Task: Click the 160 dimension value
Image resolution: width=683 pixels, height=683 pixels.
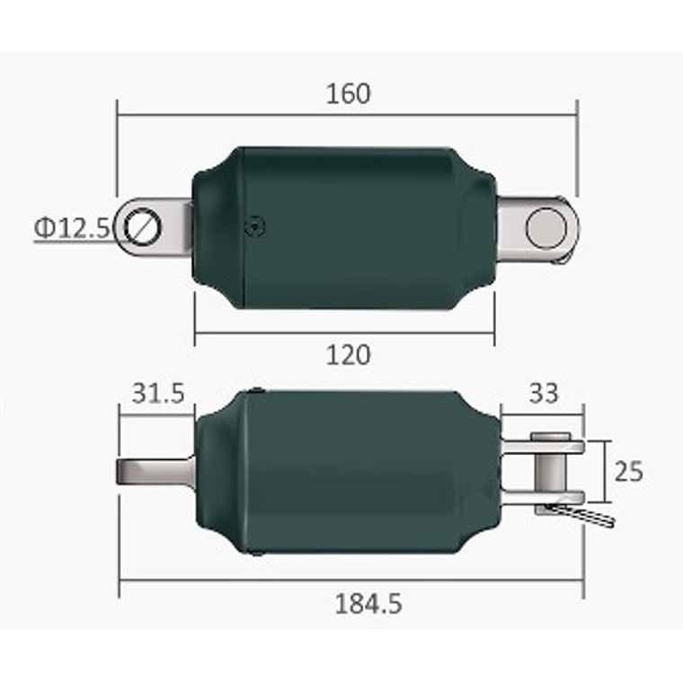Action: (349, 93)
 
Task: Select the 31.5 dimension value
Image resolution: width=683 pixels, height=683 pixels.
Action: (158, 394)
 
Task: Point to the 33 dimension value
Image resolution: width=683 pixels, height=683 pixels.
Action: (543, 394)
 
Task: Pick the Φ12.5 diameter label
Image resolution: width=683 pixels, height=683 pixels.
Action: (72, 227)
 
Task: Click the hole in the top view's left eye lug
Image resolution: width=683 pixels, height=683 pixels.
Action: (142, 226)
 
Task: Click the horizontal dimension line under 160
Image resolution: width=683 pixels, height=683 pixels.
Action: (347, 114)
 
